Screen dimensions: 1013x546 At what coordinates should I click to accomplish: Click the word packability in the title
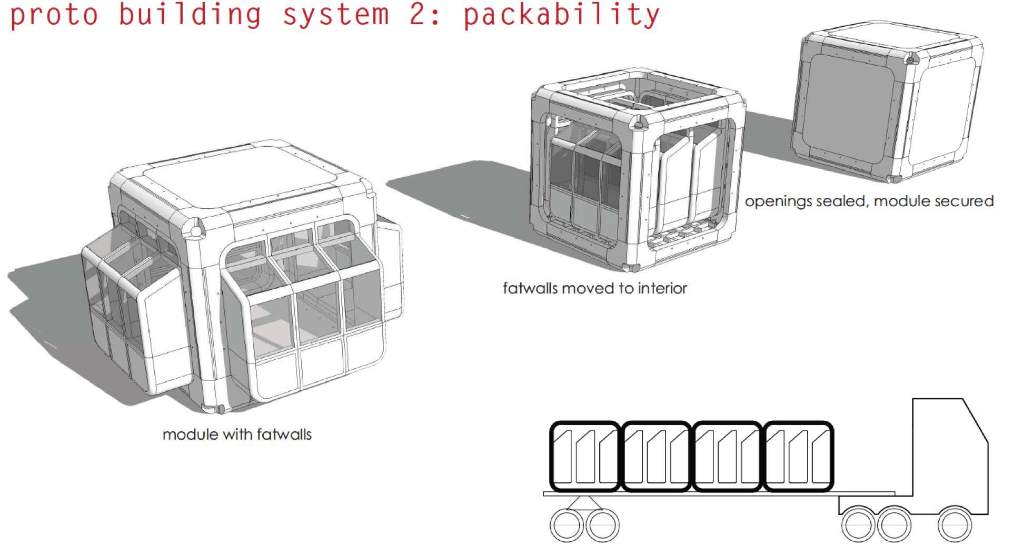[x=561, y=14]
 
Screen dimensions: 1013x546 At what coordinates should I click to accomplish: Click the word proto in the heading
[x=54, y=14]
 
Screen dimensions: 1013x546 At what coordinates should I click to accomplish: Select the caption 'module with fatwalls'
[x=237, y=434]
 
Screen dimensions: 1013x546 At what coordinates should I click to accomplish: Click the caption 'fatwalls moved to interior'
[x=595, y=288]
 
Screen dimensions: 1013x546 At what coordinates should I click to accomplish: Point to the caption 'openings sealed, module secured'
[x=869, y=201]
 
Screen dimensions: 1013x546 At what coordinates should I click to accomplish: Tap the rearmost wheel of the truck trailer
[x=567, y=524]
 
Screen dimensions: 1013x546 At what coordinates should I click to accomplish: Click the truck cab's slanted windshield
[x=977, y=421]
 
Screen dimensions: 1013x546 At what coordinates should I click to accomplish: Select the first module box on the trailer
[x=585, y=456]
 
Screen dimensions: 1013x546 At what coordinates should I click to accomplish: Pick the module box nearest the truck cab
[x=798, y=456]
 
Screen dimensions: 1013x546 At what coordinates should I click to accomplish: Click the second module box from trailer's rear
[x=656, y=456]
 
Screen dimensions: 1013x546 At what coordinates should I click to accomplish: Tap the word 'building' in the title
[x=190, y=14]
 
